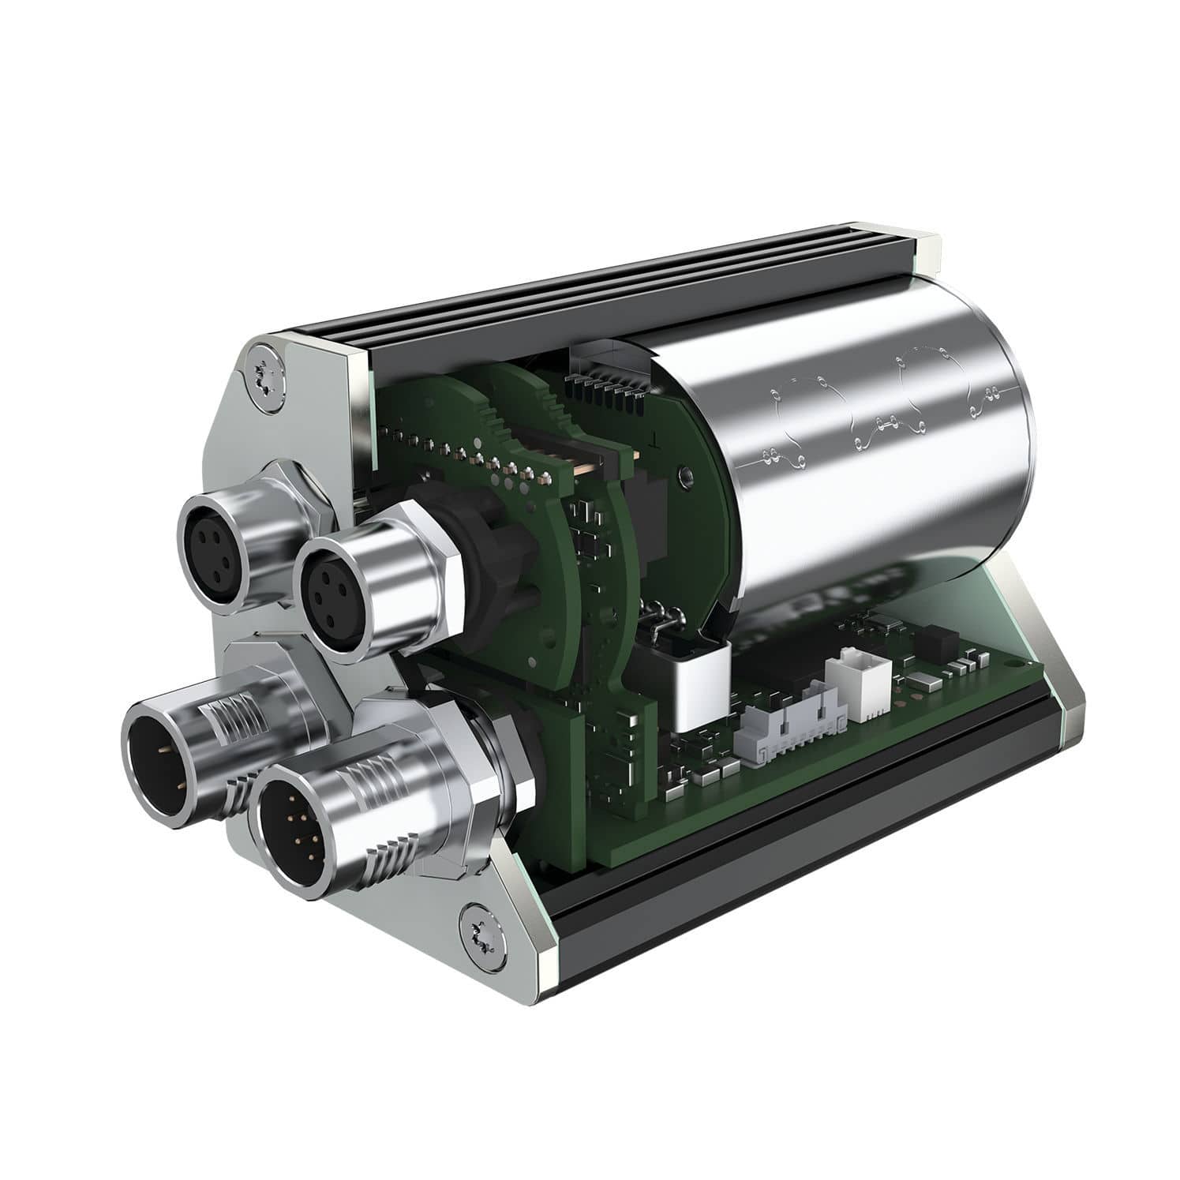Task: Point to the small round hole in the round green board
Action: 686,475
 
